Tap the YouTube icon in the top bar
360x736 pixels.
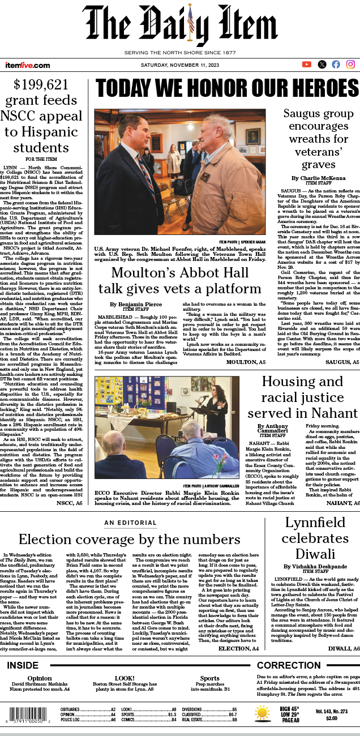tap(307, 65)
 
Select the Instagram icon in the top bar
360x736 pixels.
tap(350, 65)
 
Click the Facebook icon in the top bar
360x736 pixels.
tap(336, 65)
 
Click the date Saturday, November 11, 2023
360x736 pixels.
tap(180, 65)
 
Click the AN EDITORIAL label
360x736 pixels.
tap(129, 522)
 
